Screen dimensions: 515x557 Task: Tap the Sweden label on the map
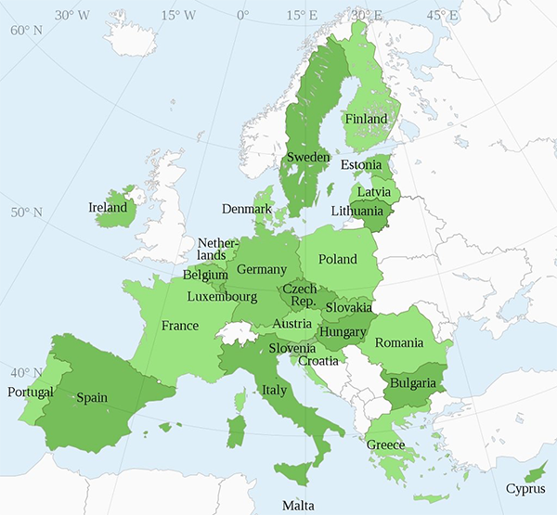point(307,158)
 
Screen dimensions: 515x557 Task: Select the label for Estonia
point(361,165)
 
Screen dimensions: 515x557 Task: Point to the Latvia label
point(373,192)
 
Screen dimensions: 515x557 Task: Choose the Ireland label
point(108,208)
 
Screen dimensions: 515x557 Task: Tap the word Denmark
point(246,209)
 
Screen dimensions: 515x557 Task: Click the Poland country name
point(337,260)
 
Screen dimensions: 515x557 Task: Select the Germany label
point(262,269)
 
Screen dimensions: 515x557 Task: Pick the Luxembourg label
point(222,297)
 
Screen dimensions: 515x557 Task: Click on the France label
point(180,326)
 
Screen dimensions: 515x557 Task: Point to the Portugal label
point(31,393)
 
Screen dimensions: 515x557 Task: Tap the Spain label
point(92,398)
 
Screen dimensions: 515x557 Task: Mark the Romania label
point(399,343)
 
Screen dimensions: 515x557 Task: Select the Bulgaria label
point(413,383)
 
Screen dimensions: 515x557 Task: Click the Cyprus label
point(525,489)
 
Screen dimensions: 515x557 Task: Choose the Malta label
point(298,506)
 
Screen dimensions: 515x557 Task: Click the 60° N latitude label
point(26,30)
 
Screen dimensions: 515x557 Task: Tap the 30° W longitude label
point(71,15)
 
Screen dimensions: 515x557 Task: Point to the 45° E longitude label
point(441,15)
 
